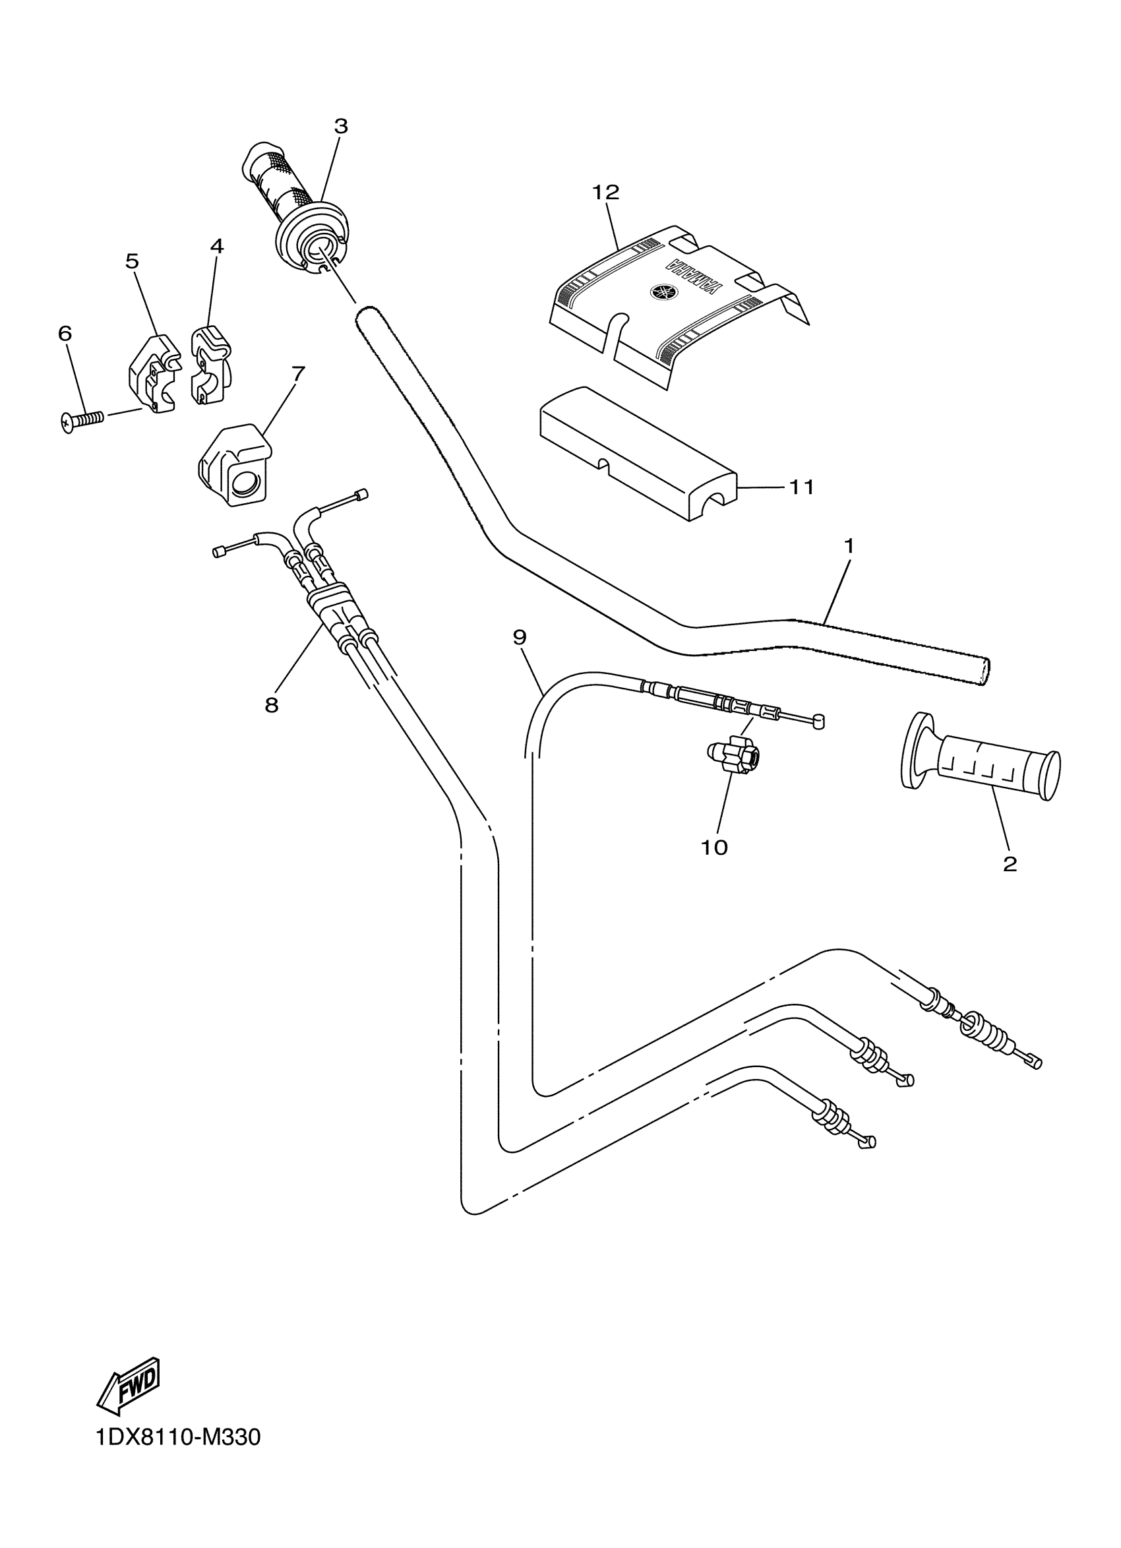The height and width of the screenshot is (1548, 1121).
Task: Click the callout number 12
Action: tap(605, 193)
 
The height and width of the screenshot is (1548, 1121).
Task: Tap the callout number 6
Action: tap(65, 334)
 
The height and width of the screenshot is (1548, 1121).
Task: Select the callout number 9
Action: tap(519, 638)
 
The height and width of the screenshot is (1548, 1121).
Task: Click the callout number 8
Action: tap(272, 706)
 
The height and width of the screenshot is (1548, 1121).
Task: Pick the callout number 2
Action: tap(1010, 864)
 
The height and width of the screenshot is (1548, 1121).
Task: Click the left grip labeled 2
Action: tap(983, 763)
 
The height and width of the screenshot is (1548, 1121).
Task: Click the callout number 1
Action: tap(849, 547)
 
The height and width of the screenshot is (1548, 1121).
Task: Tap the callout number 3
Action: tap(340, 126)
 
